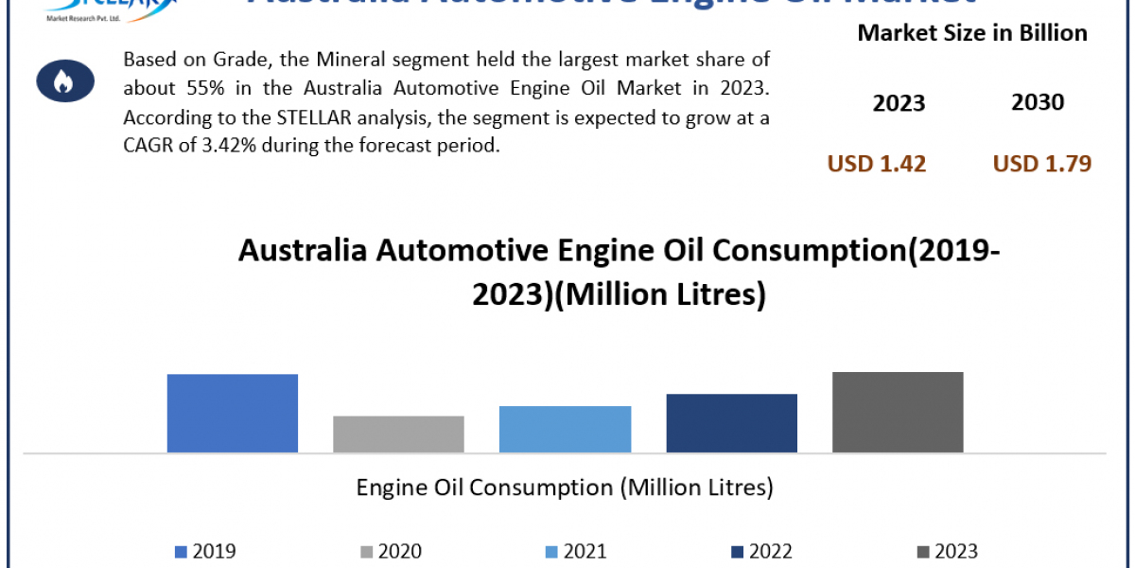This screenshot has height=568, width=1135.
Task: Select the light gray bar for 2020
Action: pos(398,434)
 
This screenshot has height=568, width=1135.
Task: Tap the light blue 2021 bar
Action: pos(565,429)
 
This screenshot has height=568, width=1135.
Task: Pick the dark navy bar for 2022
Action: pos(731,422)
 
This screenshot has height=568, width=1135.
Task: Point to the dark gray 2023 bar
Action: pos(898,412)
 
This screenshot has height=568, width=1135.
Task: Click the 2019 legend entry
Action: pos(205,551)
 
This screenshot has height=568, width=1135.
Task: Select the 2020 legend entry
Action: pos(391,551)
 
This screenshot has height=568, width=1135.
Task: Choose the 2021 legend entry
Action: pos(576,551)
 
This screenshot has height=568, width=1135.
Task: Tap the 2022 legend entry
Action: pos(761,551)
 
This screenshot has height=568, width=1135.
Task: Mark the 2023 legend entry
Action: pos(947,551)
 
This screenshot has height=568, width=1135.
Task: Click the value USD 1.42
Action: pos(877,164)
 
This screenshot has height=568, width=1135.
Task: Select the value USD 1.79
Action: pos(1042,164)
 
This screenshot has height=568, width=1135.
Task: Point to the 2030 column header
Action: pos(1038,102)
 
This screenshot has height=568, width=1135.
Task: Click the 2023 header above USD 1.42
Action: pos(899,103)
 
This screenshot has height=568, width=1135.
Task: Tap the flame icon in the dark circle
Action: pos(63,82)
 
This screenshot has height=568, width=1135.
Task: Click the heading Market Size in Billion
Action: pos(972,33)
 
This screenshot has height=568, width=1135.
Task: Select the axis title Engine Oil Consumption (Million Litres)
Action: pos(565,488)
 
